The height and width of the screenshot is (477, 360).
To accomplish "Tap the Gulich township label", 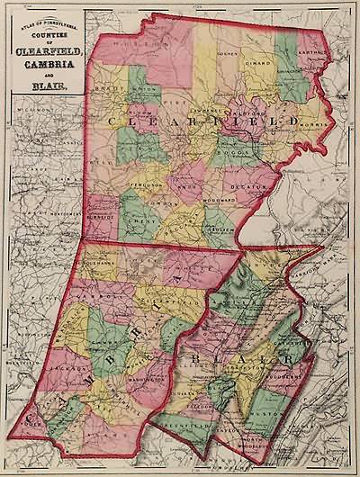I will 221,232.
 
